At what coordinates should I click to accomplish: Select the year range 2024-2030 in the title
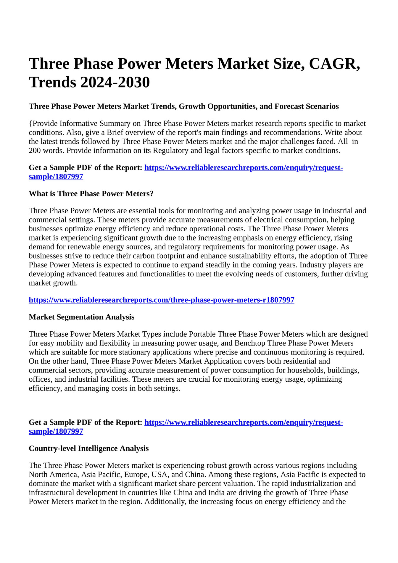(115, 82)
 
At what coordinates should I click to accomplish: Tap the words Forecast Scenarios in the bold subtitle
(307, 106)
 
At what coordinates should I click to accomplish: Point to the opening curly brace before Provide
(30, 123)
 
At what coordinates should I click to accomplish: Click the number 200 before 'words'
(35, 151)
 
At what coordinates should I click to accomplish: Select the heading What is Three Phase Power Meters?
(91, 194)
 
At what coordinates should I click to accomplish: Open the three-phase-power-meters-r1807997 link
(162, 300)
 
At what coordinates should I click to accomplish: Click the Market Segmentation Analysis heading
(82, 317)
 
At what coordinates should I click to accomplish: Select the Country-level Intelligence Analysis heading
(89, 449)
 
